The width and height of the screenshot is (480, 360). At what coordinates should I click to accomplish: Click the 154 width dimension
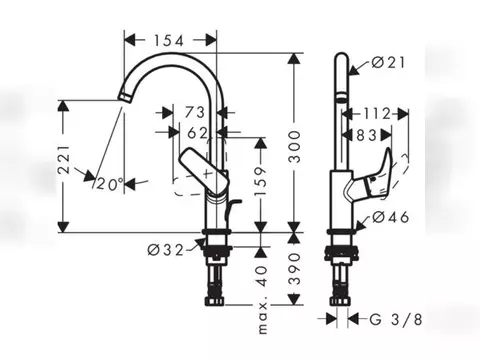169,41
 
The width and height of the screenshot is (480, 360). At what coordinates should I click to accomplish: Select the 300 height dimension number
294,147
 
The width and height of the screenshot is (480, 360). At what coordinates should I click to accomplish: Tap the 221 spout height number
64,160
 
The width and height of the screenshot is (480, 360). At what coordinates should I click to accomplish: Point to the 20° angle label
110,184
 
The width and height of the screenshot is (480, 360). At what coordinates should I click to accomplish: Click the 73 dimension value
195,112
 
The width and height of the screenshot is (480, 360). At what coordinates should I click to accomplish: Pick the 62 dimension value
197,133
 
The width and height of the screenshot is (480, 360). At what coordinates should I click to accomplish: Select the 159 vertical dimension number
261,181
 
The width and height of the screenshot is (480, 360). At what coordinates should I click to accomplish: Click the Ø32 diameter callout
166,250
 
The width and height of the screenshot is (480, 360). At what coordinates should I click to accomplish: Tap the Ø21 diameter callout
388,62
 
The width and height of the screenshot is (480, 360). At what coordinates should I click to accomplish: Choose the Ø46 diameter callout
391,217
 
